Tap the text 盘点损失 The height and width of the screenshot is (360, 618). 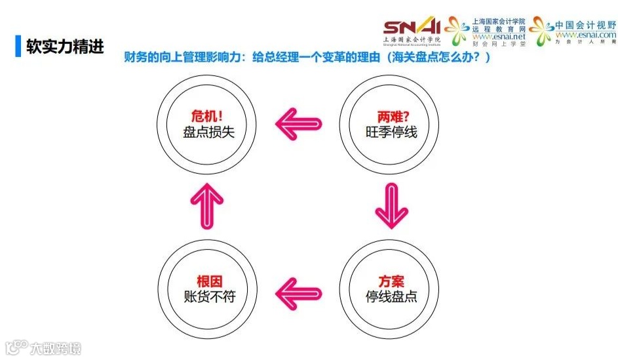coord(209,131)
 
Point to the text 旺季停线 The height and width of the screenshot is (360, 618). coord(392,131)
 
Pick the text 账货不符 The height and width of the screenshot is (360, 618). coord(209,296)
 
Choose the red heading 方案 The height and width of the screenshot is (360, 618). coord(392,279)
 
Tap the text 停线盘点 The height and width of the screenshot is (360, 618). coord(392,296)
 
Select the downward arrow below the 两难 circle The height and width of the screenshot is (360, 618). coord(392,205)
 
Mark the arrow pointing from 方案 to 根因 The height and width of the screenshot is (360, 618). coord(299,290)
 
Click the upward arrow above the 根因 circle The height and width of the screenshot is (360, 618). coord(207,205)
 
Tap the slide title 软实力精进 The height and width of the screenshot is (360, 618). coord(65,47)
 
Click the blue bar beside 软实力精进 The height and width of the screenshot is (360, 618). coord(18,46)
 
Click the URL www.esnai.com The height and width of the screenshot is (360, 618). coord(585,34)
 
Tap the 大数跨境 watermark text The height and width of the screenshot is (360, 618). coord(57,348)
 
